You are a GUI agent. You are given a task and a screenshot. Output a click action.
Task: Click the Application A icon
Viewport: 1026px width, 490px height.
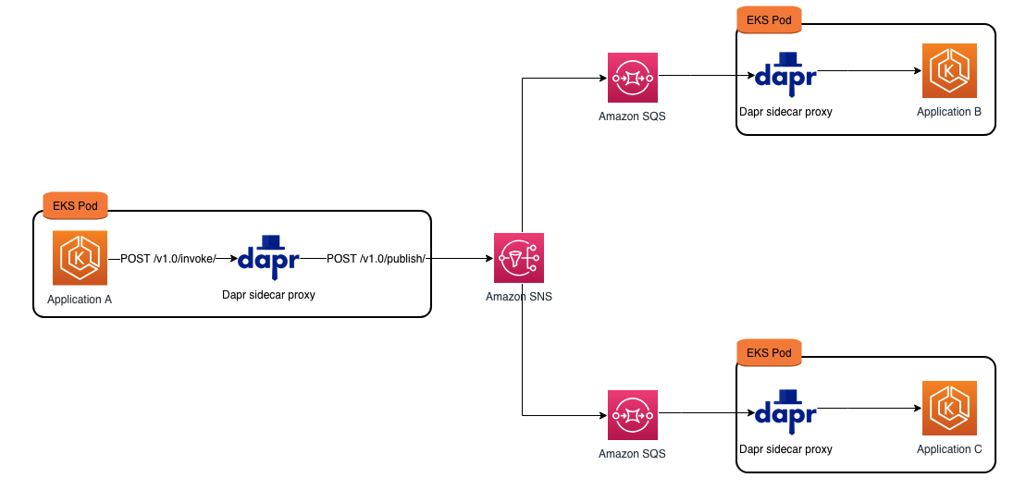pos(80,258)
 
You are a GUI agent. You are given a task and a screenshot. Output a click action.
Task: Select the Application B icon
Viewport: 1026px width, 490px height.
pos(949,71)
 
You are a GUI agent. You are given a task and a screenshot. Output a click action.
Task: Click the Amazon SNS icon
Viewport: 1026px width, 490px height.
pos(519,258)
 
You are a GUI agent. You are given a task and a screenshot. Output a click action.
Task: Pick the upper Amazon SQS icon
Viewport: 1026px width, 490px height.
pos(632,78)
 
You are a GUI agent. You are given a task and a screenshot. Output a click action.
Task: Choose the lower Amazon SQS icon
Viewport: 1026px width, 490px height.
pos(632,415)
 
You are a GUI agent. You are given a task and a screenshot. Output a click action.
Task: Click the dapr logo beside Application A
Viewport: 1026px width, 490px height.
pos(268,254)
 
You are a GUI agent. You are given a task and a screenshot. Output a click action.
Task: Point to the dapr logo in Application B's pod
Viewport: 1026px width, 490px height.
pos(785,72)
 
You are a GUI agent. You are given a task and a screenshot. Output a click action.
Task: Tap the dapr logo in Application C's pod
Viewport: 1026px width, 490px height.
pos(785,410)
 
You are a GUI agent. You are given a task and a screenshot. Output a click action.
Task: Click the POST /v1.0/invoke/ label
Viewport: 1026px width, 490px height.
pos(167,259)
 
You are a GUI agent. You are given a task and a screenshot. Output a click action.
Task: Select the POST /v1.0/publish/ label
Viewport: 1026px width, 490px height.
pos(376,259)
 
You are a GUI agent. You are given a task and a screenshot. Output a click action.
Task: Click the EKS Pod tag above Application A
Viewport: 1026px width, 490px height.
pos(76,203)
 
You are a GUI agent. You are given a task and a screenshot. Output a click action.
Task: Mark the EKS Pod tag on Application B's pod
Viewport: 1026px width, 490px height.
pos(770,18)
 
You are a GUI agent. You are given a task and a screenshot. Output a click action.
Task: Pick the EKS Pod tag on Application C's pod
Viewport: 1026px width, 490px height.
pos(770,352)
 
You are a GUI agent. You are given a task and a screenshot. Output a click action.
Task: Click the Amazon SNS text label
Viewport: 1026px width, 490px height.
pos(519,297)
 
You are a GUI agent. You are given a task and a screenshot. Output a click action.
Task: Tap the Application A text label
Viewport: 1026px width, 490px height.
pos(80,300)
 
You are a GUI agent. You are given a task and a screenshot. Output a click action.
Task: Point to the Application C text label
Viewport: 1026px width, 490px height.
pos(949,449)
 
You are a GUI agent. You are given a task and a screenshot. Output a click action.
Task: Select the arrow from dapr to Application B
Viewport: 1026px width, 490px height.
pos(870,70)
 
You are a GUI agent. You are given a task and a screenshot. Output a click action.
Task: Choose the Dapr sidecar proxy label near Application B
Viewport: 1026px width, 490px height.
pos(785,112)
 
